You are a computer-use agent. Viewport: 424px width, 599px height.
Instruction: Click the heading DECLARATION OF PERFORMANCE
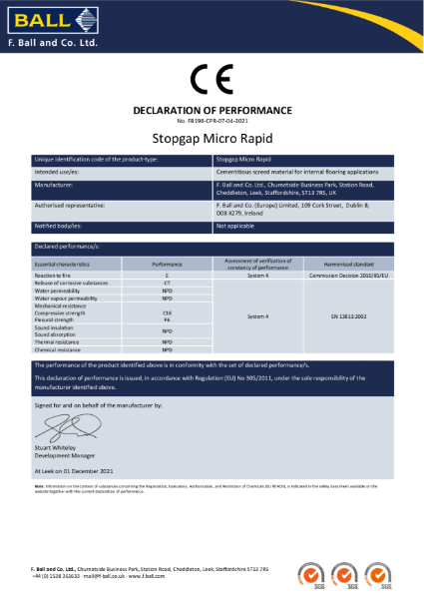212,109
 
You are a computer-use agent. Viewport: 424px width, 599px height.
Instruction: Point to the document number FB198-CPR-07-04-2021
212,118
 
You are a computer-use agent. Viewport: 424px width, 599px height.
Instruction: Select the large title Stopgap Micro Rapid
212,137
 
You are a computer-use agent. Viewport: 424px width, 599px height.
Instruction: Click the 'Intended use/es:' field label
62,171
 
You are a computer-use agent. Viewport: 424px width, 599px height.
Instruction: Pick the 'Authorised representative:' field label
71,203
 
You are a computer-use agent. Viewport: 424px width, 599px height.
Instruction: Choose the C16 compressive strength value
168,312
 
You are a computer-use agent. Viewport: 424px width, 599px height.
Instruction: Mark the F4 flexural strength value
168,319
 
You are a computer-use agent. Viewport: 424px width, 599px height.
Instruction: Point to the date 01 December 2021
94,467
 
